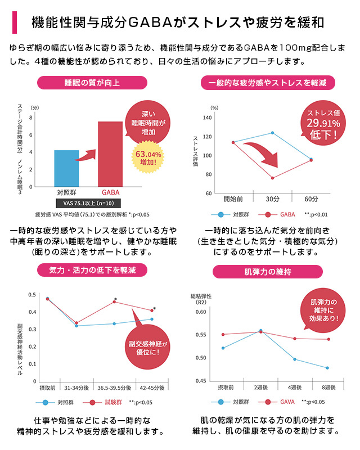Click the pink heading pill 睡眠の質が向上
pyautogui.click(x=92, y=83)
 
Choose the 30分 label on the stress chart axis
pyautogui.click(x=273, y=199)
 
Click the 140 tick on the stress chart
pyautogui.click(x=208, y=118)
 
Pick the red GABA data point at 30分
pyautogui.click(x=273, y=178)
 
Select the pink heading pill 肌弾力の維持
pyautogui.click(x=268, y=272)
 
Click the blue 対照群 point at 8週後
pyautogui.click(x=327, y=368)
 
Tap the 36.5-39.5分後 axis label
pyautogui.click(x=115, y=388)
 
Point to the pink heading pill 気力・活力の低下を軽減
pyautogui.click(x=93, y=270)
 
